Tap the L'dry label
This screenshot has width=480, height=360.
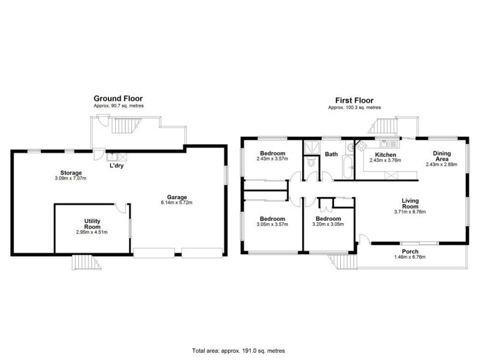(117, 166)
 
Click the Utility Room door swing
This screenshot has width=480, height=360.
(121, 208)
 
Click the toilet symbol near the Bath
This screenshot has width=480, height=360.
(310, 162)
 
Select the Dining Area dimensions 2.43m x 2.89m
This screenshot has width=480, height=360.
(442, 164)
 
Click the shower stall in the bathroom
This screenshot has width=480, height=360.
(312, 147)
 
